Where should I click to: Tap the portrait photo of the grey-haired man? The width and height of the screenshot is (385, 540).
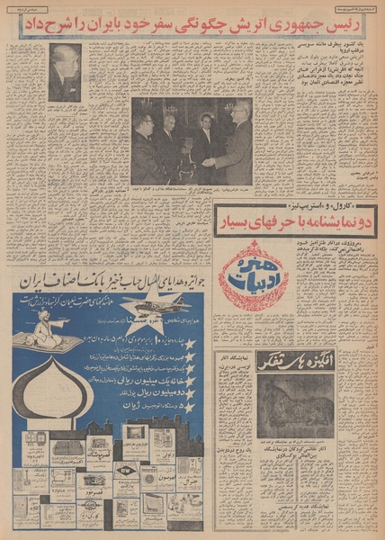(65, 72)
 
